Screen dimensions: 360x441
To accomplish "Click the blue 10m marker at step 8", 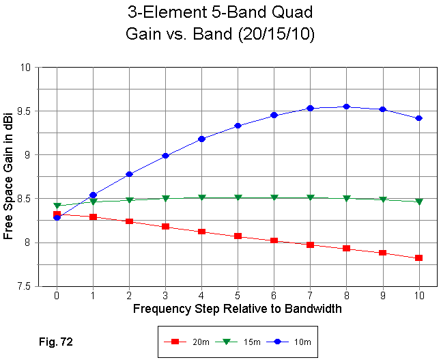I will click(347, 107).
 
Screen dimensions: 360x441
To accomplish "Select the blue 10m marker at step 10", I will click(419, 118).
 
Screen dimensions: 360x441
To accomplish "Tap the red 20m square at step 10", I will click(419, 258).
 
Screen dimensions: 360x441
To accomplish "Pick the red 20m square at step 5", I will click(238, 236).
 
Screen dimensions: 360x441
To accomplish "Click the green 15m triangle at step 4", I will click(202, 197).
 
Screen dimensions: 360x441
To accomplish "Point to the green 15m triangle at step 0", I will click(57, 206).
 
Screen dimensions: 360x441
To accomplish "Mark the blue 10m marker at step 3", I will click(166, 156).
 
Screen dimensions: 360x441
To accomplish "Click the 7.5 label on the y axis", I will click(25, 286).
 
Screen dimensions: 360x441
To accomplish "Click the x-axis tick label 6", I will click(274, 296).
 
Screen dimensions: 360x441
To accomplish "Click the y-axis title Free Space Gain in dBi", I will click(9, 176).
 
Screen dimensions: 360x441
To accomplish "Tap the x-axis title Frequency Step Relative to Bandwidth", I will click(238, 309).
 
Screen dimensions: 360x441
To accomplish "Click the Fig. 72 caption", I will click(56, 340).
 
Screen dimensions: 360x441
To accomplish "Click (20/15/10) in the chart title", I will click(270, 34).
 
